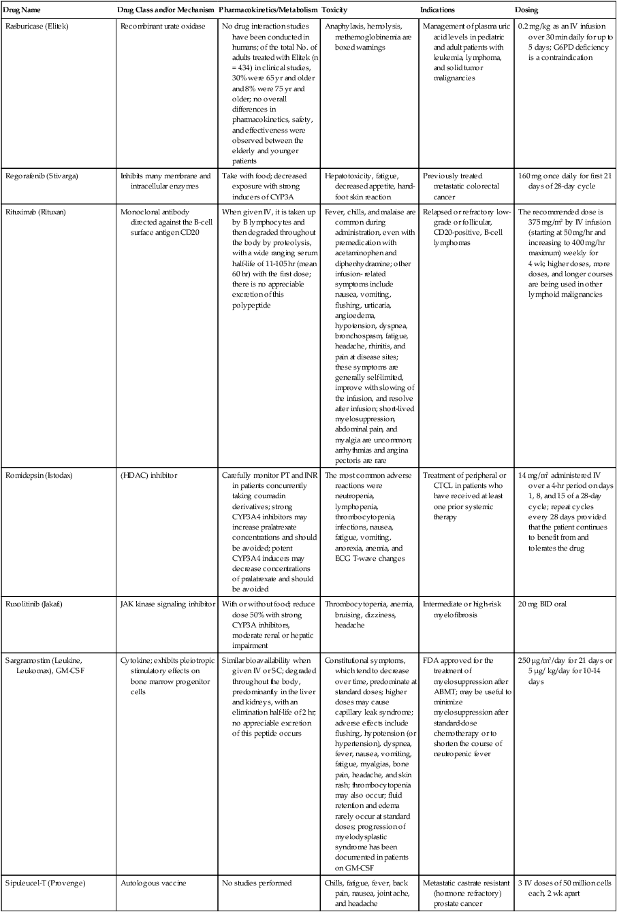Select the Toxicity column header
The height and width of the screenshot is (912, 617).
(335, 11)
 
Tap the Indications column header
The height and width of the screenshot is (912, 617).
(438, 11)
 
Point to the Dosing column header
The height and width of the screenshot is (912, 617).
(527, 11)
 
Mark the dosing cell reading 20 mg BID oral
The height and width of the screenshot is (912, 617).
(543, 603)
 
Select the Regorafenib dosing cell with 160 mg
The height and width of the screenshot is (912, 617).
(561, 181)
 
